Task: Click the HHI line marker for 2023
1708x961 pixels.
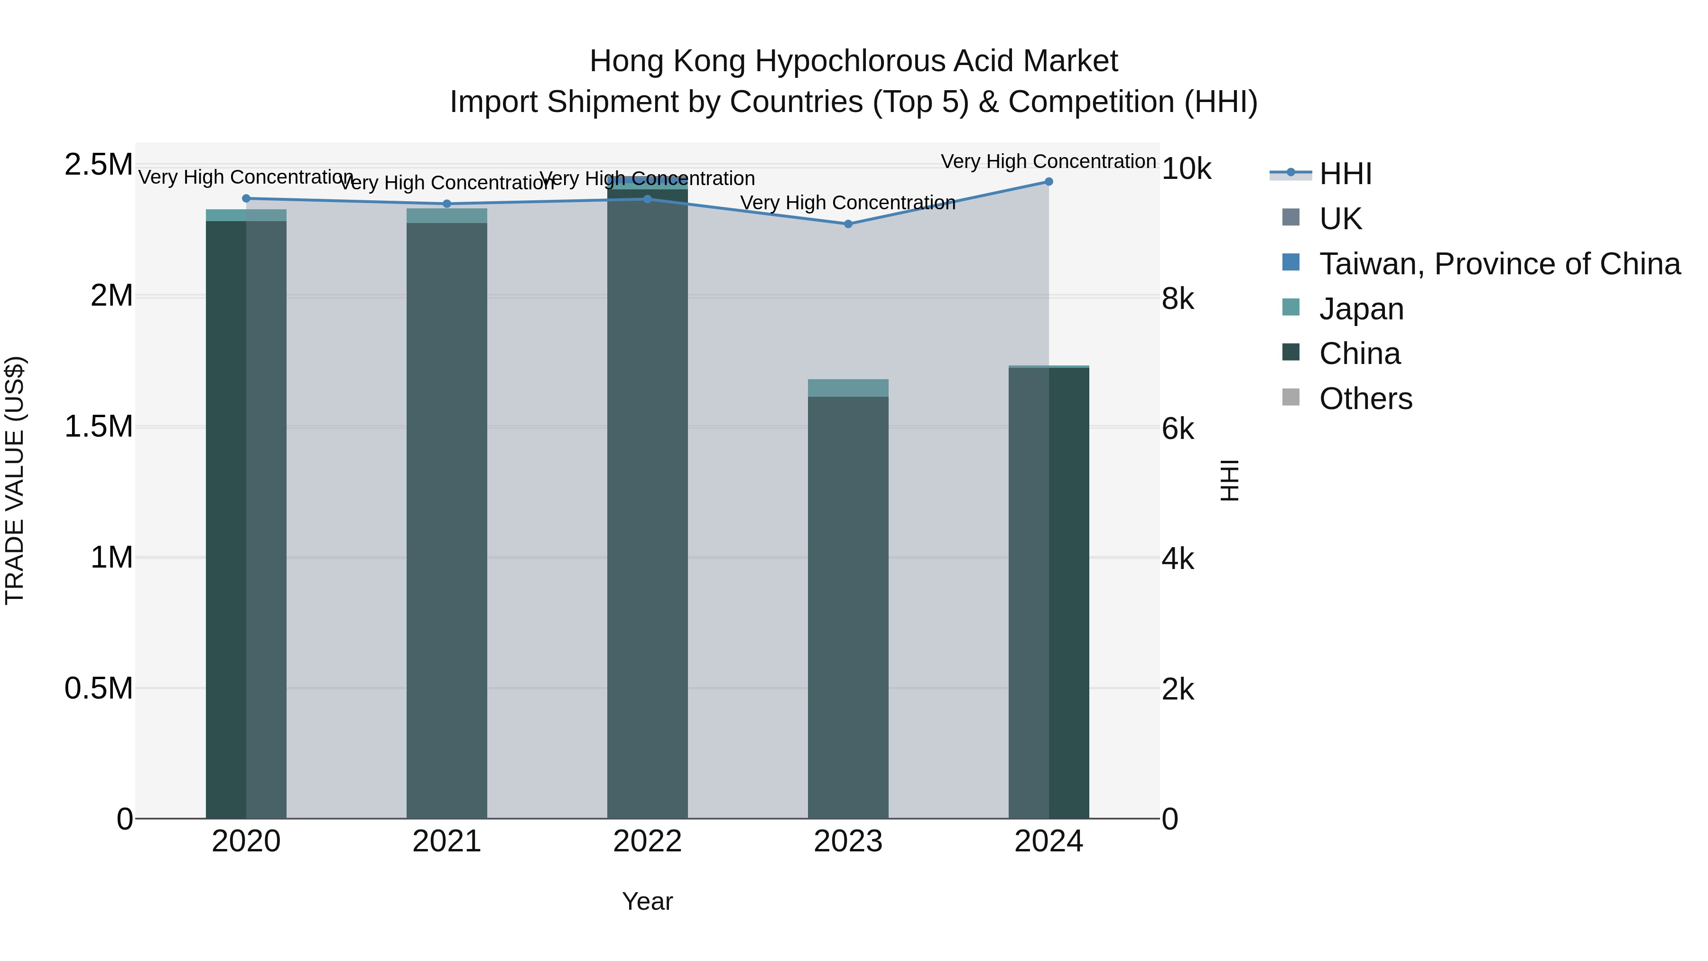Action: pyautogui.click(x=847, y=224)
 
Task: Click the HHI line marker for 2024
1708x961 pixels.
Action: pyautogui.click(x=1048, y=181)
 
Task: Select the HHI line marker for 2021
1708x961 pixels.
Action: pyautogui.click(x=446, y=204)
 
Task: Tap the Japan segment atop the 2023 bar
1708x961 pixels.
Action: pyautogui.click(x=847, y=388)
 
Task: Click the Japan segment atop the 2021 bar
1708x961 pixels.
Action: pyautogui.click(x=446, y=215)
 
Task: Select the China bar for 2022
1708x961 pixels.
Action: pyautogui.click(x=647, y=504)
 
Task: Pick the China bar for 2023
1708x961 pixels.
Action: pyautogui.click(x=847, y=607)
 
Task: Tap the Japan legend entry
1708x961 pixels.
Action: pyautogui.click(x=1361, y=309)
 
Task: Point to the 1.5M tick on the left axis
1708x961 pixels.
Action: pyautogui.click(x=99, y=427)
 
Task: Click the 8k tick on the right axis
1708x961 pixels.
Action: pyautogui.click(x=1178, y=299)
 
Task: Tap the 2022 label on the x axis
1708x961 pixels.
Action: pyautogui.click(x=647, y=841)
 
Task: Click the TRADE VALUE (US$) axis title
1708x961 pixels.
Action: pyautogui.click(x=15, y=480)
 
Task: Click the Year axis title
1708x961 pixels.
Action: pyautogui.click(x=647, y=901)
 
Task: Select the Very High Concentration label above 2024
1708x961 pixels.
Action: pyautogui.click(x=1048, y=161)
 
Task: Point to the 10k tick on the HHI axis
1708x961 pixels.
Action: pyautogui.click(x=1186, y=169)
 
